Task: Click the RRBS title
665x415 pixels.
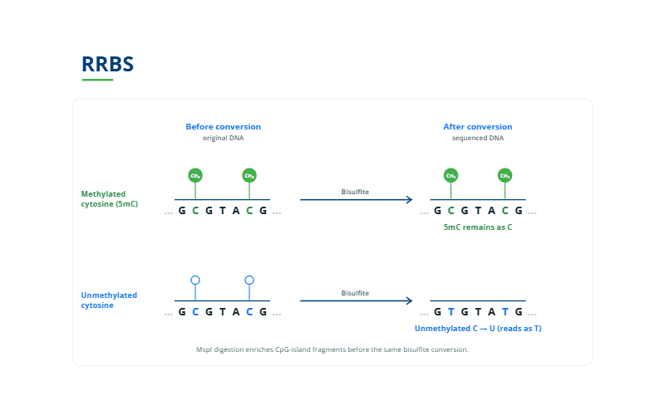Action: [107, 65]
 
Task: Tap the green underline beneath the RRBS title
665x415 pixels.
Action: [97, 80]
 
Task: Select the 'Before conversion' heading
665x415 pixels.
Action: [223, 127]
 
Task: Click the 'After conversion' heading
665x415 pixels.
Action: [477, 127]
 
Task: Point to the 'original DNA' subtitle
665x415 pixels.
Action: [223, 138]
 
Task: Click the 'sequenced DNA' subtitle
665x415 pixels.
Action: [477, 138]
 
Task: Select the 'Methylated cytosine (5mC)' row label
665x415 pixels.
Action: [110, 198]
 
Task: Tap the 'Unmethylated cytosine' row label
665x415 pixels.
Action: [109, 300]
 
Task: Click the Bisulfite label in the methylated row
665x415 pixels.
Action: [355, 192]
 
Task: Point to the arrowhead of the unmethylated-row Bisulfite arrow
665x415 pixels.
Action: [410, 300]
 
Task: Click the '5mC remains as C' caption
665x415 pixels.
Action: [477, 227]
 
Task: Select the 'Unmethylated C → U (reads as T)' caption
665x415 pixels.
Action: [478, 328]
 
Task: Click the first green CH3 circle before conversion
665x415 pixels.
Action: [195, 175]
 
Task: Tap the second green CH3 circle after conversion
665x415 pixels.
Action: [505, 175]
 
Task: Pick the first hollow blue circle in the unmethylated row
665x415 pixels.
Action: [195, 280]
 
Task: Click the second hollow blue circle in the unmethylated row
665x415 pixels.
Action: [249, 280]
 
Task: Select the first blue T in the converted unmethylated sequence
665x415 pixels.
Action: [451, 312]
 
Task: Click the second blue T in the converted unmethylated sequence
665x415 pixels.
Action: [505, 312]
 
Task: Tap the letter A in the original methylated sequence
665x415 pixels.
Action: [236, 211]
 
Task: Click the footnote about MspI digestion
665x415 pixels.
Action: [332, 349]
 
